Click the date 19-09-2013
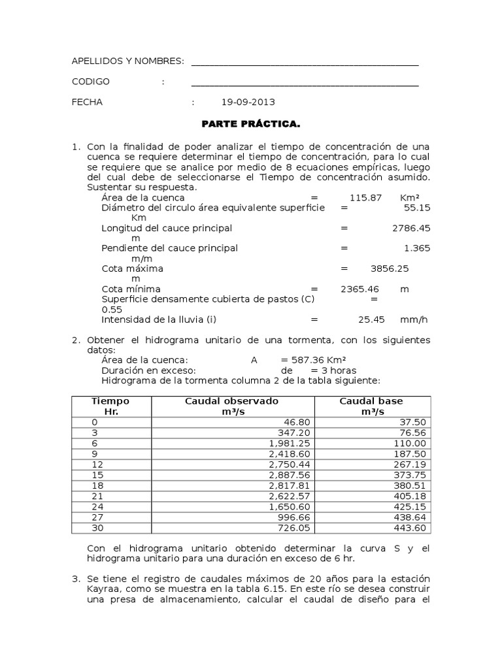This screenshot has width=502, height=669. [x=248, y=102]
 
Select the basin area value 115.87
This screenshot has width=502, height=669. [x=365, y=197]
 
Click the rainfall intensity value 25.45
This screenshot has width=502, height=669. [x=369, y=319]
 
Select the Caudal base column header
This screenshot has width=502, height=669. [x=371, y=406]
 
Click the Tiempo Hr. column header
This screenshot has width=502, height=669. [x=110, y=406]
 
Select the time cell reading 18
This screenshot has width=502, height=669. [x=97, y=485]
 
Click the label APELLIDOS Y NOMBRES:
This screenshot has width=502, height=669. [x=127, y=61]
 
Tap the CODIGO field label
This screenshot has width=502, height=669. [x=90, y=82]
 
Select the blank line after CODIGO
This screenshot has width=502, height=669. [x=305, y=84]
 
